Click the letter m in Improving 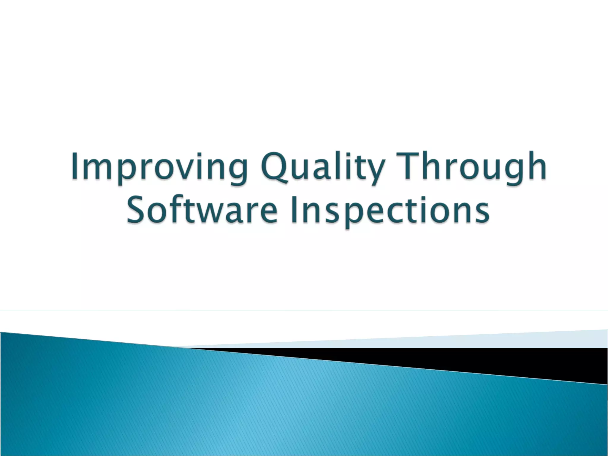(x=97, y=169)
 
